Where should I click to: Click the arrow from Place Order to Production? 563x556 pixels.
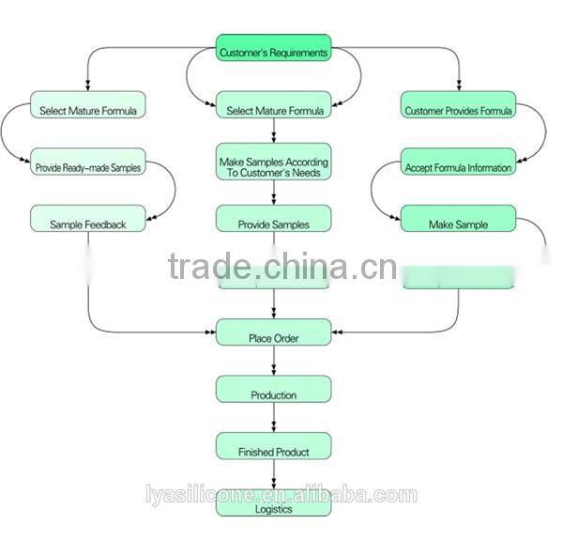[x=273, y=361]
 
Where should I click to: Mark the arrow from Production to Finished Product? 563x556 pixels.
[x=273, y=417]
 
